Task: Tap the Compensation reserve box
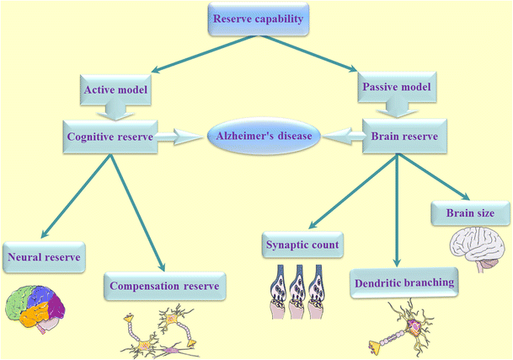click(x=168, y=287)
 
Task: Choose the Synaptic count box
click(x=305, y=245)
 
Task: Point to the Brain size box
click(x=466, y=215)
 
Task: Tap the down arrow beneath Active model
click(x=113, y=110)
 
